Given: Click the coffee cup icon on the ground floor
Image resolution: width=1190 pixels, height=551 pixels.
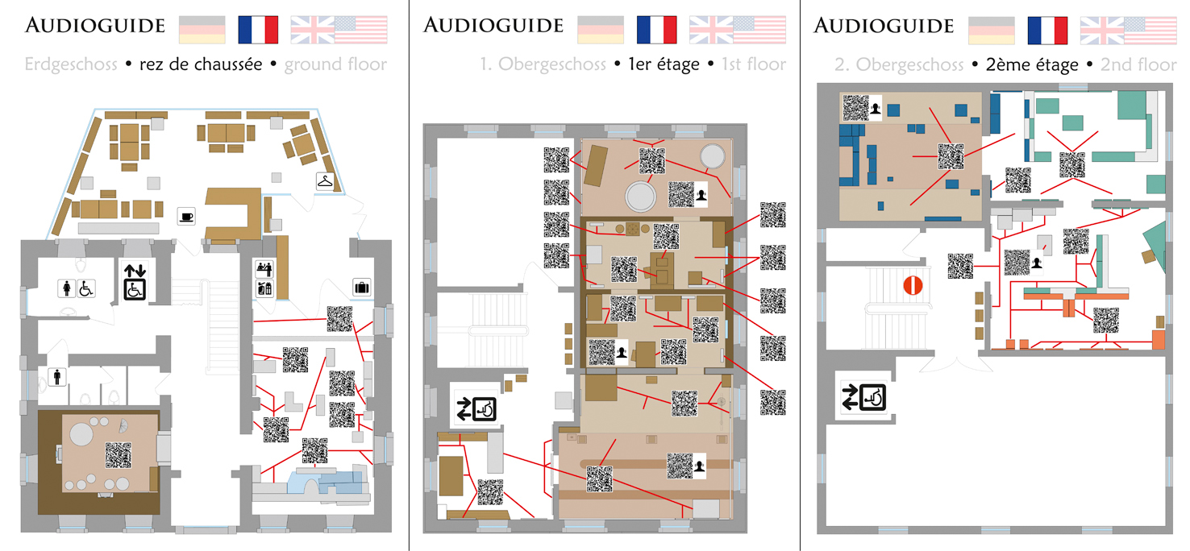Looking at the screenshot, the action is (x=186, y=217).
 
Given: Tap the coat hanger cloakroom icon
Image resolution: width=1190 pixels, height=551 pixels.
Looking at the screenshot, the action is (x=325, y=181).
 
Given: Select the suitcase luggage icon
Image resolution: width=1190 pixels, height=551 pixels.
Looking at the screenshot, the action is (x=362, y=288).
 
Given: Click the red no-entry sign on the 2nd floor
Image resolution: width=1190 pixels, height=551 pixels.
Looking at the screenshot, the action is (x=913, y=286).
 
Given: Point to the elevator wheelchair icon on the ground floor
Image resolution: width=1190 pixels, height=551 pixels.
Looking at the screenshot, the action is (x=135, y=282).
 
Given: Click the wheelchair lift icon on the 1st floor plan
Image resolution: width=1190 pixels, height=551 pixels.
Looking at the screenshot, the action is (x=476, y=409).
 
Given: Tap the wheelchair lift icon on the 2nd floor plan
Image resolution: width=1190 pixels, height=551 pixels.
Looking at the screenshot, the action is (x=863, y=397).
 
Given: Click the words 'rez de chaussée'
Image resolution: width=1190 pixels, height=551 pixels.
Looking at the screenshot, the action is (x=201, y=64).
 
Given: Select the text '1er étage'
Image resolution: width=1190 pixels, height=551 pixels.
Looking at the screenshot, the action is (x=664, y=64).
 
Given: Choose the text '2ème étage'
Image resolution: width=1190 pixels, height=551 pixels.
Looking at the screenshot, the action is (x=1032, y=64).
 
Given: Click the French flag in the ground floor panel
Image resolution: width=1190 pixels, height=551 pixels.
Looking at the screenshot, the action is (x=258, y=30).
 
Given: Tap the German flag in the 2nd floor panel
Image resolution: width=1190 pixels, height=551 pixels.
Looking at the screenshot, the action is (x=992, y=30).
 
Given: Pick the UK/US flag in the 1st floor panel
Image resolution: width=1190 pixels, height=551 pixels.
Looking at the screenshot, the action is (x=738, y=30).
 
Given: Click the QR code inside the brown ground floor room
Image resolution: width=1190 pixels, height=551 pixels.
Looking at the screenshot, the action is (x=118, y=455).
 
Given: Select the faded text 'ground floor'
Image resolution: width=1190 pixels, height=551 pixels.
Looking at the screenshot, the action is (x=335, y=64).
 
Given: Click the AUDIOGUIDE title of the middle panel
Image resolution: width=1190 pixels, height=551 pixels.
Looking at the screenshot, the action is (x=493, y=26).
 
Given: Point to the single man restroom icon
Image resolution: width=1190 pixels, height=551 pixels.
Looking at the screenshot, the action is (x=57, y=377).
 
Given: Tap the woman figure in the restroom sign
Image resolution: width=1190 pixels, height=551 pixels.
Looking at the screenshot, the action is (x=67, y=288).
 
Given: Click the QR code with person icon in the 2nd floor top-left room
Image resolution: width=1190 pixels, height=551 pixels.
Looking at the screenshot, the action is (x=862, y=108).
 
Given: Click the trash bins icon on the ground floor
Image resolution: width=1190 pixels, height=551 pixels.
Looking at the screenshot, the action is (x=264, y=288).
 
